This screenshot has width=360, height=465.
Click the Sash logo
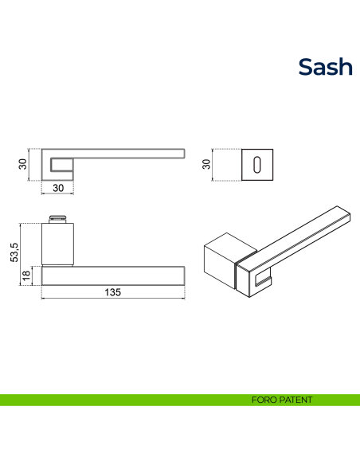(x=325, y=67)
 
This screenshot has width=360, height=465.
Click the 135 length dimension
(x=112, y=292)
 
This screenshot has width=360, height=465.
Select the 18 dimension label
(x=26, y=275)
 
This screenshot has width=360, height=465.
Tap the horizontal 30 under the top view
(x=58, y=188)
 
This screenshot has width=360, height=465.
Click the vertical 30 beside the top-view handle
(x=24, y=164)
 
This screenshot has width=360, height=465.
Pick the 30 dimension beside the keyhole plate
(x=206, y=164)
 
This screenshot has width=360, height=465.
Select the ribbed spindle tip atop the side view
(x=58, y=218)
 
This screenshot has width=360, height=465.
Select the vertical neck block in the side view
(x=58, y=244)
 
